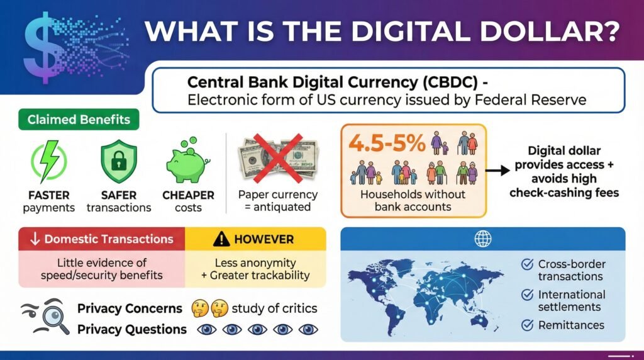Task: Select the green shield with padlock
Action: (x=118, y=161)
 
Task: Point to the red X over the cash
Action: (x=275, y=159)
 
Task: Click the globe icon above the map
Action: (x=483, y=239)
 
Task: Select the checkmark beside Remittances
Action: (x=527, y=325)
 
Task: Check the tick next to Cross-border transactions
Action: (x=527, y=264)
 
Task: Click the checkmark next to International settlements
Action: (x=527, y=295)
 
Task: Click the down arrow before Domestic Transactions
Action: (x=35, y=239)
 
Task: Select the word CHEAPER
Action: (x=189, y=195)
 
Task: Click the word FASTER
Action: (x=48, y=195)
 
